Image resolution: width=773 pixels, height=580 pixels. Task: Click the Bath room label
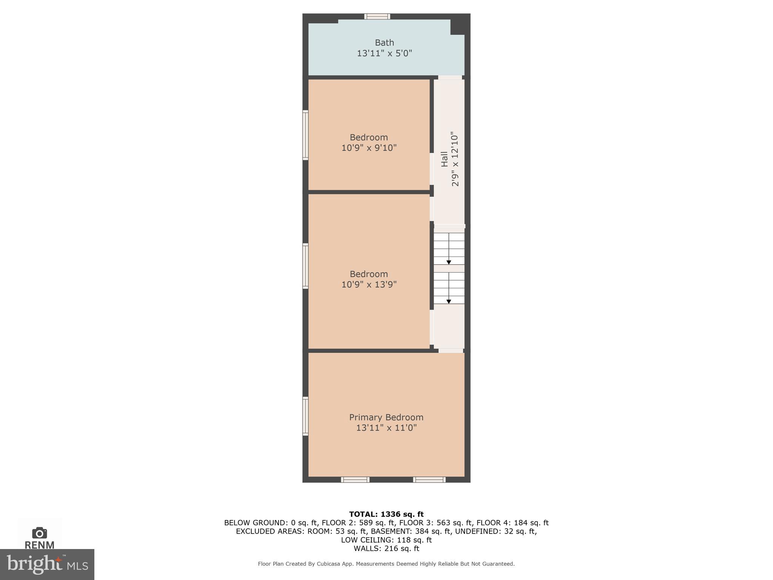384,43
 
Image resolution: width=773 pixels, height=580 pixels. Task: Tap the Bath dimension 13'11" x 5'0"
384,53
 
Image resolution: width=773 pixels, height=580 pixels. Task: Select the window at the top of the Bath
377,16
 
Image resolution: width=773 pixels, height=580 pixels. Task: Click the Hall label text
445,159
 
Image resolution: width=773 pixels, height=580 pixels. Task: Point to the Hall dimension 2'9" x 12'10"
455,159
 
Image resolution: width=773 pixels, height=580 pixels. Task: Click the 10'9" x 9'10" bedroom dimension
369,148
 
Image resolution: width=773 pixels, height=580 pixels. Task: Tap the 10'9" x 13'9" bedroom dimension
369,284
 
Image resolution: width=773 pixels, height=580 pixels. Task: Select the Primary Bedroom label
386,417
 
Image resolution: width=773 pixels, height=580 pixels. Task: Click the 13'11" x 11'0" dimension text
386,428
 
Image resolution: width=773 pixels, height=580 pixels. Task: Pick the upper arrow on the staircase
449,262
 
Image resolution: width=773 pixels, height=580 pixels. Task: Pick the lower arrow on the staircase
449,301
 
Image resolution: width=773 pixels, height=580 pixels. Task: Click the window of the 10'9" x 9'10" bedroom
305,135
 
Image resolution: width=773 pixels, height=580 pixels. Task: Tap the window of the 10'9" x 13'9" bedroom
305,266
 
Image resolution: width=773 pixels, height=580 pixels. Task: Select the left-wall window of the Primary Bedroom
305,416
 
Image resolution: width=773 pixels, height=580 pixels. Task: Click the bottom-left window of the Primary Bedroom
355,480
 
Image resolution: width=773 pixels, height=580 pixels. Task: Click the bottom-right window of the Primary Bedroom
429,480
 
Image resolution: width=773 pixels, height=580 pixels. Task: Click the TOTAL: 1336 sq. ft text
386,514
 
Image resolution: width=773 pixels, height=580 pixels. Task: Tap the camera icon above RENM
40,533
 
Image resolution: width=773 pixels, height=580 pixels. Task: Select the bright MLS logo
47,565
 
